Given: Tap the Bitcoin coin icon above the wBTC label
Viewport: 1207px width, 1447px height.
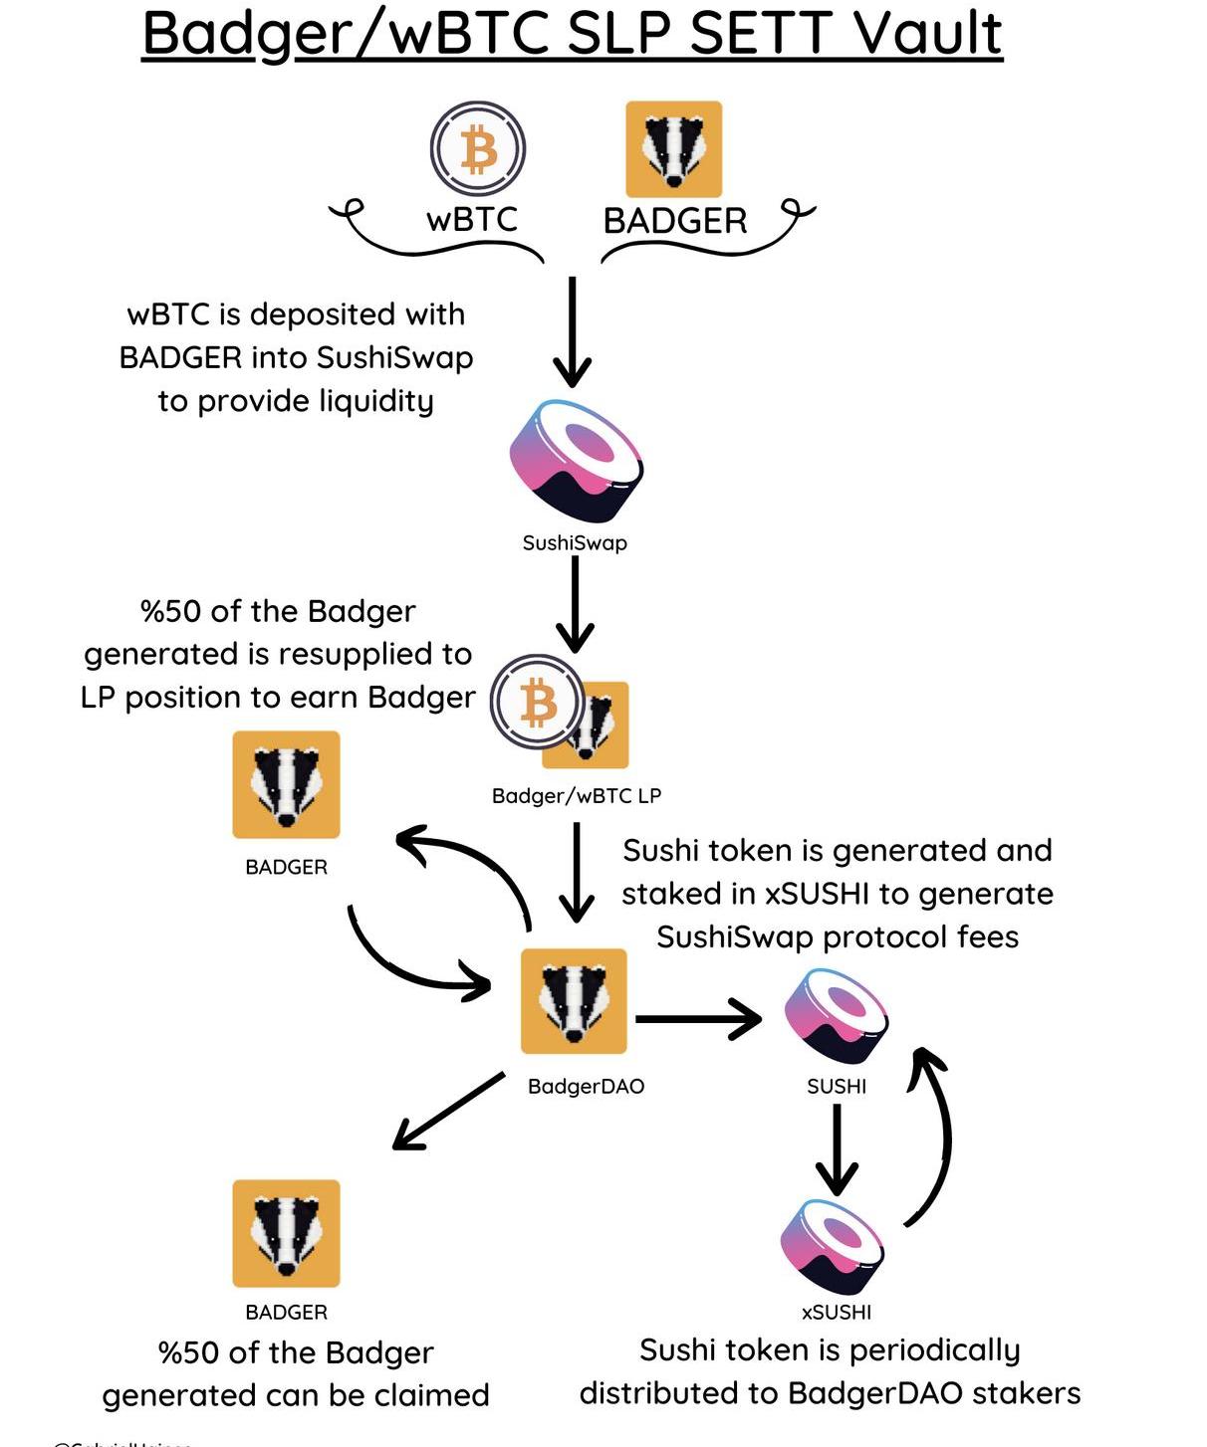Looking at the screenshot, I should (478, 149).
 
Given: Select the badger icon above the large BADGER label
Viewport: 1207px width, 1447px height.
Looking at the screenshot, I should (673, 149).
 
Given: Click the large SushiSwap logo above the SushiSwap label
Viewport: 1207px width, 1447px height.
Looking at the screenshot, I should (576, 460).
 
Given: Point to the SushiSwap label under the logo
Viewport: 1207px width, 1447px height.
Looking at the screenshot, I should (575, 543).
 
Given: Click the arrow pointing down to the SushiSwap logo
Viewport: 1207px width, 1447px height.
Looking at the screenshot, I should (573, 332).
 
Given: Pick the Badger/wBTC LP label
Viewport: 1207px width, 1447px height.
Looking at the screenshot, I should (577, 796).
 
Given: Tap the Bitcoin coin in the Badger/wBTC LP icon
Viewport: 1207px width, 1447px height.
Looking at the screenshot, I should (538, 702).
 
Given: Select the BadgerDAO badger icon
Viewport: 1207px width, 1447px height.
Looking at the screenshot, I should (575, 1001).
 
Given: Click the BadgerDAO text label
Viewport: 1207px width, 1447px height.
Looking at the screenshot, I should (586, 1087).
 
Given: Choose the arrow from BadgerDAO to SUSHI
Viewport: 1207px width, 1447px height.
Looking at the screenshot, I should (698, 1019).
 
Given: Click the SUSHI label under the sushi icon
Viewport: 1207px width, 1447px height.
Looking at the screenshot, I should (837, 1087).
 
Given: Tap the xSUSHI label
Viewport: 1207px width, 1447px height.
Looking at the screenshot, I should (837, 1313).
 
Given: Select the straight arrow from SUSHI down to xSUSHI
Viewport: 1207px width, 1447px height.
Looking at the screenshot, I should (837, 1148).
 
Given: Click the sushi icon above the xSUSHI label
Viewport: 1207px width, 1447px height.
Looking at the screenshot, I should (834, 1247).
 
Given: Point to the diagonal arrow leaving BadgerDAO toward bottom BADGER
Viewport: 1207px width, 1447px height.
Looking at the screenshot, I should (448, 1111).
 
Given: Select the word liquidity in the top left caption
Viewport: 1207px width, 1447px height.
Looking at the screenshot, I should (375, 401).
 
